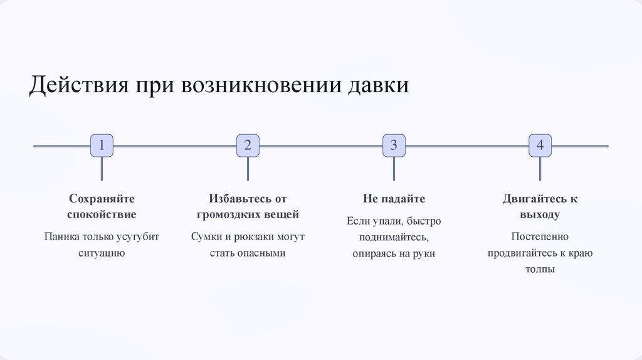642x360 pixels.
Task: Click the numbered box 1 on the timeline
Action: [x=102, y=146]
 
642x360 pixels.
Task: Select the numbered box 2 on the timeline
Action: [x=248, y=146]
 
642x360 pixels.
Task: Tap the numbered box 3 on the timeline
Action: [x=394, y=146]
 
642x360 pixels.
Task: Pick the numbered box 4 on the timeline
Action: [x=540, y=146]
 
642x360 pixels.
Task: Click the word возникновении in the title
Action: [x=260, y=85]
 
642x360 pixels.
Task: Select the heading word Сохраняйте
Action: [x=102, y=199]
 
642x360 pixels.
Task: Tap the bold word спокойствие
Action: [x=102, y=214]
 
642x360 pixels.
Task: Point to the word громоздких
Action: [x=225, y=214]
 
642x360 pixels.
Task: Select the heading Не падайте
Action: [x=394, y=199]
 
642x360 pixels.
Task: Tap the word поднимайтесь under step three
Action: [x=393, y=238]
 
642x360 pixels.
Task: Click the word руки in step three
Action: [x=423, y=254]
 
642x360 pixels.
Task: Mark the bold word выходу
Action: [x=540, y=214]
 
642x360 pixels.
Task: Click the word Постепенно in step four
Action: [x=540, y=237]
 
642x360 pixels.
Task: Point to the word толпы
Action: [x=540, y=270]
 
